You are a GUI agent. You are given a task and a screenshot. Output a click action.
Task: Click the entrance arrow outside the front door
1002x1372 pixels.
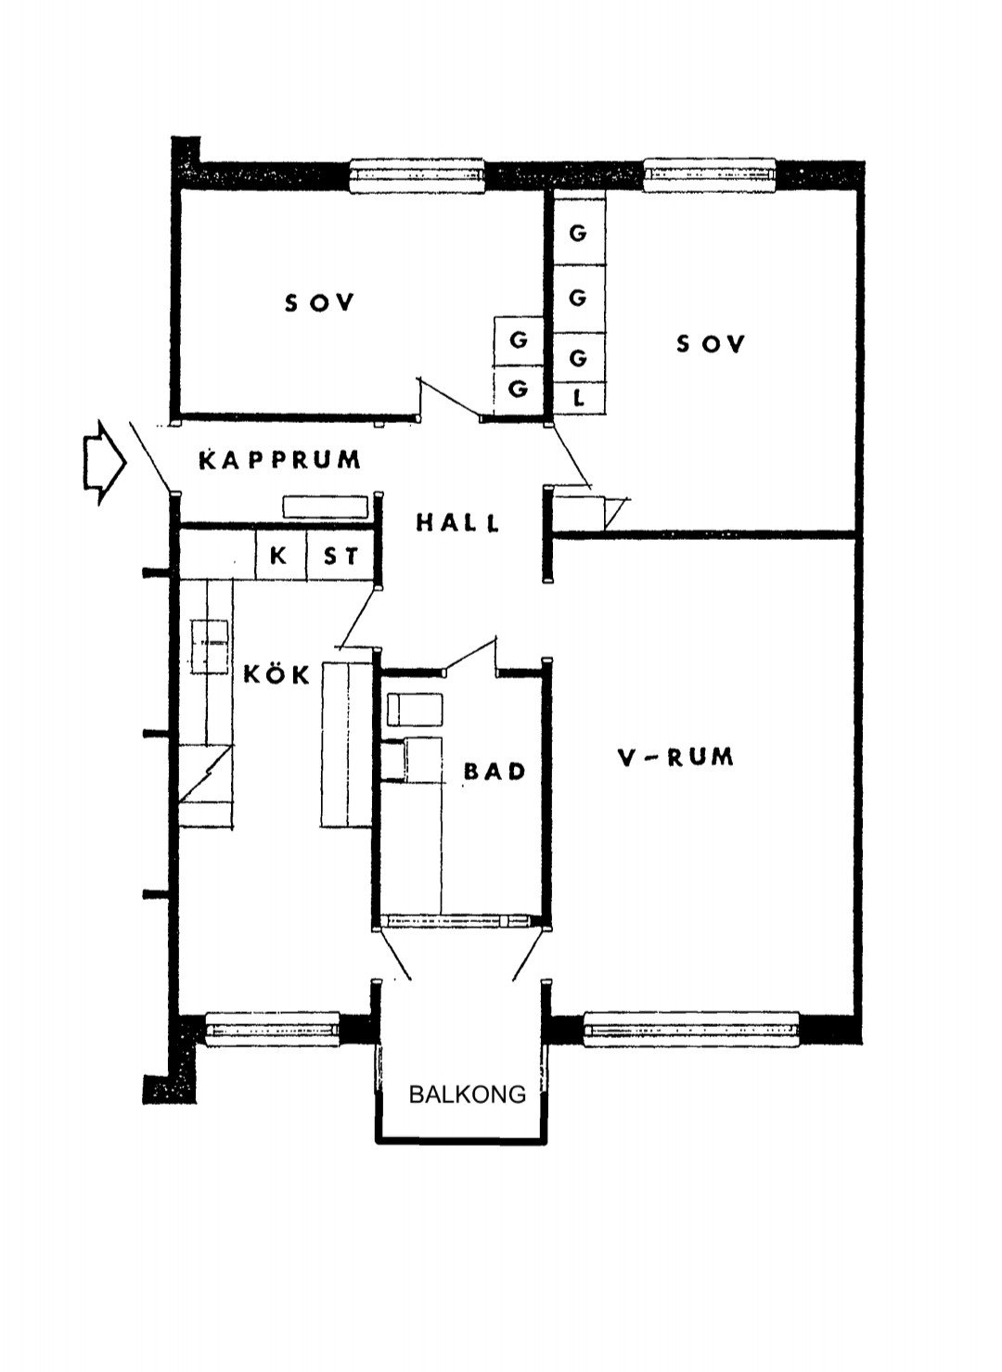(104, 463)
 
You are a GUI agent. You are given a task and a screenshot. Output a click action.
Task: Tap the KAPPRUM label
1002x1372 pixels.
(280, 460)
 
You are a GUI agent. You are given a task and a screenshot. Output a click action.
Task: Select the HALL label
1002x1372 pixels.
(457, 522)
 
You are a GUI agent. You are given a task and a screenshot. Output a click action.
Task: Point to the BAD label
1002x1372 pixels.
(495, 771)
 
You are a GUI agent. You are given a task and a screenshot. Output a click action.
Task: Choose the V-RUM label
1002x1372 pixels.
(674, 758)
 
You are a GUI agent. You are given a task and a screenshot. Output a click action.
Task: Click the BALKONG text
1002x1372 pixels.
(468, 1095)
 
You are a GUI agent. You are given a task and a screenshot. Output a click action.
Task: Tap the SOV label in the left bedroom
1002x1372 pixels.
(320, 302)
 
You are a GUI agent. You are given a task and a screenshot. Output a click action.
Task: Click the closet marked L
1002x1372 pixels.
(579, 399)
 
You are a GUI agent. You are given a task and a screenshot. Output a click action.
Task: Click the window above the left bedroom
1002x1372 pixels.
(417, 175)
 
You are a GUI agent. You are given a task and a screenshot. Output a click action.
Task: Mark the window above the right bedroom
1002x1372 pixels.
(710, 174)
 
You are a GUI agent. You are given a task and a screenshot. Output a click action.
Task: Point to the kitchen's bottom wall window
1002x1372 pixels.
(272, 1029)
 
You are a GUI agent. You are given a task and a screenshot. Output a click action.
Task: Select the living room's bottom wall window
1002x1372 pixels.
(692, 1029)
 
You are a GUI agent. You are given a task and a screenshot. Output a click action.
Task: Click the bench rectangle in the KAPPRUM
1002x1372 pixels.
(326, 507)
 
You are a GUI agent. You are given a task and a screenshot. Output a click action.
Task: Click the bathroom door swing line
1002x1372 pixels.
(470, 655)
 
